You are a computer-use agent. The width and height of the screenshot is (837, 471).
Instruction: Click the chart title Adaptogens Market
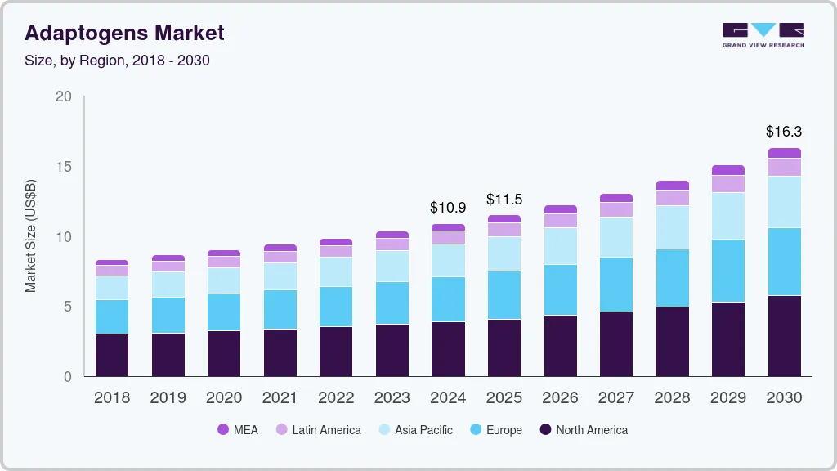coord(124,34)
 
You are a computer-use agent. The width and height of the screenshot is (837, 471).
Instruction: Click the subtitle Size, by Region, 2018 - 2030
coord(117,61)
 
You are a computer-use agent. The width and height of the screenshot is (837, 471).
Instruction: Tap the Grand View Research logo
coord(763,35)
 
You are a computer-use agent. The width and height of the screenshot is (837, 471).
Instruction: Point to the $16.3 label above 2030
coord(784,131)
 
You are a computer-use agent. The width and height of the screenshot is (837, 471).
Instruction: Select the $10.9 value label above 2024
coord(448,208)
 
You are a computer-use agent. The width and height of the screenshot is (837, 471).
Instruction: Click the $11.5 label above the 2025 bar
coord(504,199)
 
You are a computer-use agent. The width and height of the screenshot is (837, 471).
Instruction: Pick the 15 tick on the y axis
coord(63,167)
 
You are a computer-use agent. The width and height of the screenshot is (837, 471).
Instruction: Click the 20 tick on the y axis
coord(63,96)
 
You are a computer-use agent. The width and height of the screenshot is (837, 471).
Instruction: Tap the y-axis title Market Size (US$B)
coord(30,235)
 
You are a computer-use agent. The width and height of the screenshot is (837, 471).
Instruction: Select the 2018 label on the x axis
coord(112,398)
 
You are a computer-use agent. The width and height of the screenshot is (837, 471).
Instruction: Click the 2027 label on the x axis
coord(616,398)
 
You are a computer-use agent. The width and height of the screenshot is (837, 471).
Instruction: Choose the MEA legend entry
coord(238,430)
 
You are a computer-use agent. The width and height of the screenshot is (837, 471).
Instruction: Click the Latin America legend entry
coord(318,430)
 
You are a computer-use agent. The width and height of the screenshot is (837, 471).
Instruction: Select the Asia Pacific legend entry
coord(415,430)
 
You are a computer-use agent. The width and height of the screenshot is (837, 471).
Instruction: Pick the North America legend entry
coord(584,430)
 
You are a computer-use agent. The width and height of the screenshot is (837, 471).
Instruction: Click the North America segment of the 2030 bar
coord(785,335)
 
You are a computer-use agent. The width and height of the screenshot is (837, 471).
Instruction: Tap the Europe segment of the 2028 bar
coord(673,278)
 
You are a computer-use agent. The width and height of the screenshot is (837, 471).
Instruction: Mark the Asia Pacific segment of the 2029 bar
coord(728,216)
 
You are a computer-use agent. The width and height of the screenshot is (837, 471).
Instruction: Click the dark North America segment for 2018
coord(112,355)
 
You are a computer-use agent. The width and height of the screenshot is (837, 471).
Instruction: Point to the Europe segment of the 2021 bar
coord(280,309)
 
